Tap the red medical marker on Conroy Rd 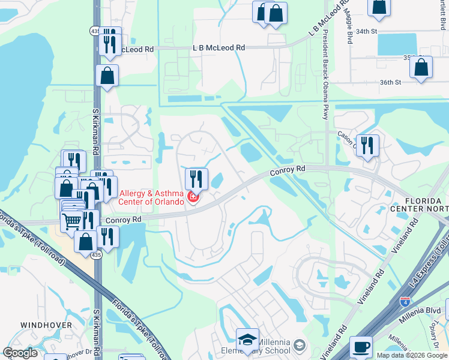193,197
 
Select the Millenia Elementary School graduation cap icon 247,340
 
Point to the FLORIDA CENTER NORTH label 419,204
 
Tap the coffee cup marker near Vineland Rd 361,347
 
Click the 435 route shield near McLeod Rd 95,29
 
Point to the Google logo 20,353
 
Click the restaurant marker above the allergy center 196,178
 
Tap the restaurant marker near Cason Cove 367,145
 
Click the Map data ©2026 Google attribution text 412,355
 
